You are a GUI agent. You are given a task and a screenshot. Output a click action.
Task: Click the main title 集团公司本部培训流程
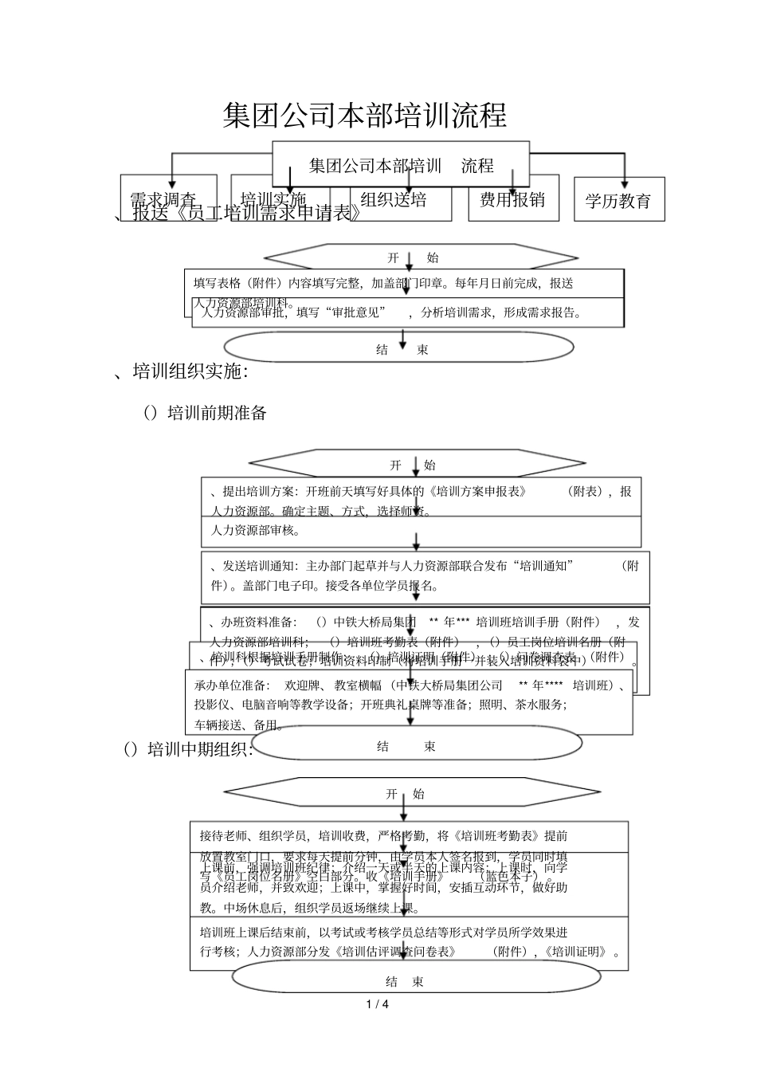tap(365, 116)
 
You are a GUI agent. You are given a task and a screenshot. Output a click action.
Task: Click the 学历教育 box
tap(618, 201)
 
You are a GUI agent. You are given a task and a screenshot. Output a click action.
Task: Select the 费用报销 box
tap(512, 199)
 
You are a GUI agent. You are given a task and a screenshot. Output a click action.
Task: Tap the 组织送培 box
tap(394, 199)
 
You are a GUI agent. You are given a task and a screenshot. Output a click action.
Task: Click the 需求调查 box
tap(163, 199)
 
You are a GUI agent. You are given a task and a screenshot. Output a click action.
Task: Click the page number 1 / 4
tap(378, 1003)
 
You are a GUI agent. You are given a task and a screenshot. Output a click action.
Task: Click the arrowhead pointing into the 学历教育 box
tap(625, 183)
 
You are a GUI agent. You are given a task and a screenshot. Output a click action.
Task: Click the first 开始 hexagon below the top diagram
tap(421, 257)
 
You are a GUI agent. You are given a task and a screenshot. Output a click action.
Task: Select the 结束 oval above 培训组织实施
tap(398, 348)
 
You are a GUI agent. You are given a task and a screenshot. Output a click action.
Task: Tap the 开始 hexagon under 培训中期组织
tap(405, 794)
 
